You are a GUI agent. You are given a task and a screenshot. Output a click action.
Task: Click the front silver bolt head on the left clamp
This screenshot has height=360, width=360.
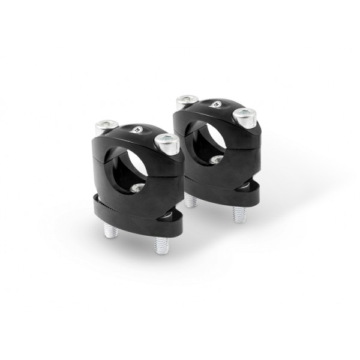[167, 143]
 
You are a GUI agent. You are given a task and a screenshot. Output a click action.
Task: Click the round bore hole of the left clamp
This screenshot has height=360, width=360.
[124, 166]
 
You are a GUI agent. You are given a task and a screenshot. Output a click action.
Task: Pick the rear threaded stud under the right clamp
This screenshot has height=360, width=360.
[190, 200]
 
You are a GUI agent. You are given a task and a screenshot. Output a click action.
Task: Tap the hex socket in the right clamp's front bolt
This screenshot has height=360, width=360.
[245, 113]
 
